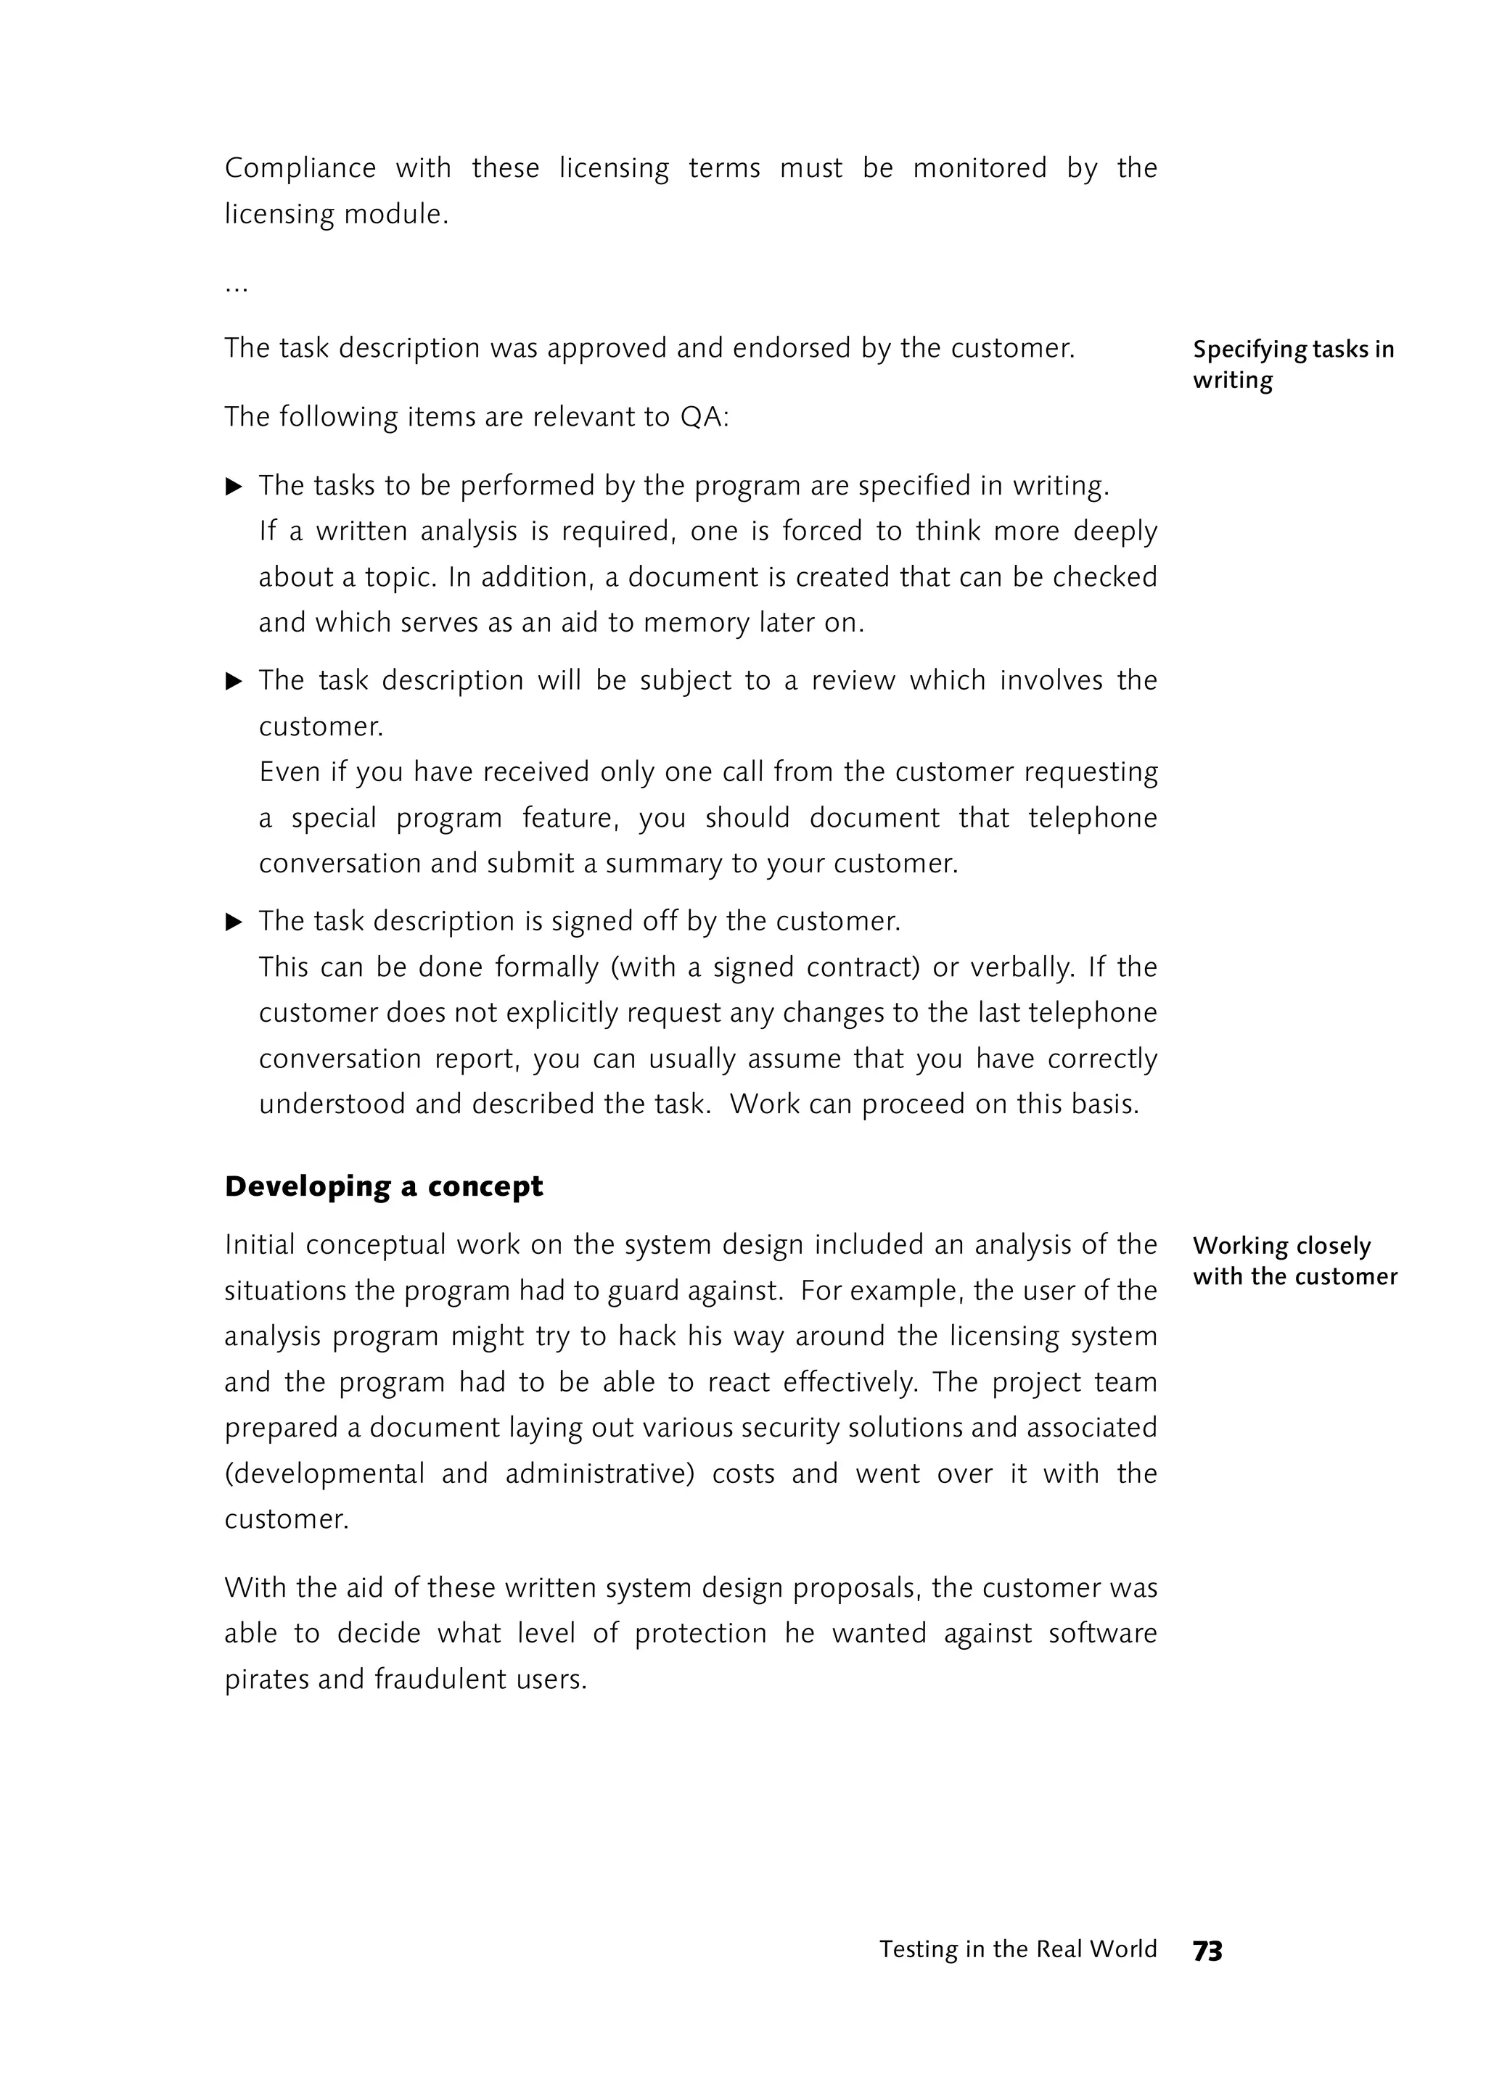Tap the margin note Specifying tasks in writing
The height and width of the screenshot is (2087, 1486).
[x=1292, y=364]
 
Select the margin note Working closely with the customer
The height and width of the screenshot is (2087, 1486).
[x=1294, y=1260]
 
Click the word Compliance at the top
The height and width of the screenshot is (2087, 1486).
[x=300, y=168]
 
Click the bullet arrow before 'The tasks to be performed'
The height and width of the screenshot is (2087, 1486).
[x=234, y=487]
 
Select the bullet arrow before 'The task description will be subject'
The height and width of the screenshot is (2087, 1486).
[x=234, y=682]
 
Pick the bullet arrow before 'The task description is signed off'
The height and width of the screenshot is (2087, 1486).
[x=234, y=922]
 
